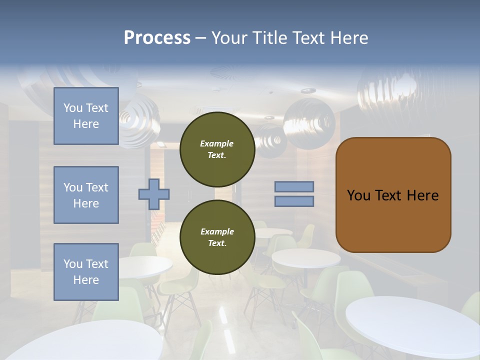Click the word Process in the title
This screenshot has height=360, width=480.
157,38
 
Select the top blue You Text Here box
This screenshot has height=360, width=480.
86,116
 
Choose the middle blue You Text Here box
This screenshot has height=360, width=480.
86,195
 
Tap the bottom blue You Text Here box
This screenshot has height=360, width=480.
86,272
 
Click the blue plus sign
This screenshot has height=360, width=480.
154,194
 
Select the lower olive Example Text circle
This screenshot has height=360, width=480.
217,237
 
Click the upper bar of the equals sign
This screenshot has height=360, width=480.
294,186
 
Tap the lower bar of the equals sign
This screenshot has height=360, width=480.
294,201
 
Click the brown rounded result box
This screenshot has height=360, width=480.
393,195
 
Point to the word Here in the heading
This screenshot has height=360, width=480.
348,38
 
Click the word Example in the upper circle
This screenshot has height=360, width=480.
217,143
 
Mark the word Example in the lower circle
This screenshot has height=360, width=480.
217,231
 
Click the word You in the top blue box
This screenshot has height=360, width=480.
72,108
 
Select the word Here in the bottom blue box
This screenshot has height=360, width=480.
86,280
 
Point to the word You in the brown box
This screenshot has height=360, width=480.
358,195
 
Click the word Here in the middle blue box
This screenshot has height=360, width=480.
86,203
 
